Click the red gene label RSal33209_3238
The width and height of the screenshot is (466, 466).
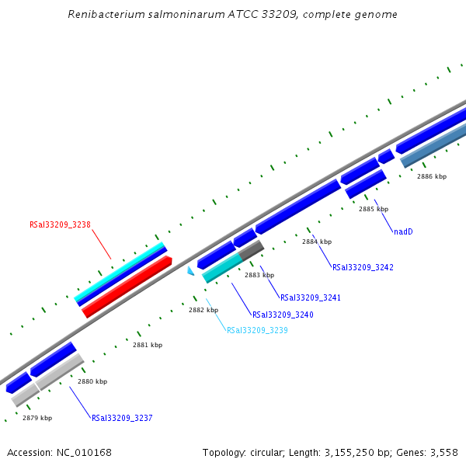click(x=60, y=225)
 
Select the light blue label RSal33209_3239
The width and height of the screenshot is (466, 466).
click(x=257, y=330)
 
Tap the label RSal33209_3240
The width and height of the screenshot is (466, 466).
click(x=283, y=315)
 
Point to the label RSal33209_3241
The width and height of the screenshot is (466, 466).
click(x=311, y=298)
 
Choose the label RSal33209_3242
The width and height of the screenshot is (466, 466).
click(x=363, y=268)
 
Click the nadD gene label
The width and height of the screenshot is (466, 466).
click(x=403, y=231)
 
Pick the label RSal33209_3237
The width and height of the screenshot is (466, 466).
click(x=122, y=418)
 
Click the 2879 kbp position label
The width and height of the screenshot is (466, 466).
click(x=37, y=418)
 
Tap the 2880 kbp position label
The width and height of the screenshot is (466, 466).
click(x=92, y=381)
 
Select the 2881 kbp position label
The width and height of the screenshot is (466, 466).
click(x=148, y=345)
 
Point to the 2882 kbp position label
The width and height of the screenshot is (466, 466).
click(x=203, y=310)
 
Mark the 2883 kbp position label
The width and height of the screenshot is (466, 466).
click(x=259, y=275)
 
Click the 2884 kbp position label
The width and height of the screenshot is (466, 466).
click(x=317, y=242)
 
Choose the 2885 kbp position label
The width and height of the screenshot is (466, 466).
click(x=374, y=209)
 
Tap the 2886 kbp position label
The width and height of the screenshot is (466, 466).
click(x=432, y=176)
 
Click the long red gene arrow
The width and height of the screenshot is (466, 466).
click(x=127, y=287)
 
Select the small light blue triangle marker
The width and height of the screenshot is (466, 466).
click(x=190, y=270)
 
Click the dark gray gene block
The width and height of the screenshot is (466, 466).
click(x=252, y=250)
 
